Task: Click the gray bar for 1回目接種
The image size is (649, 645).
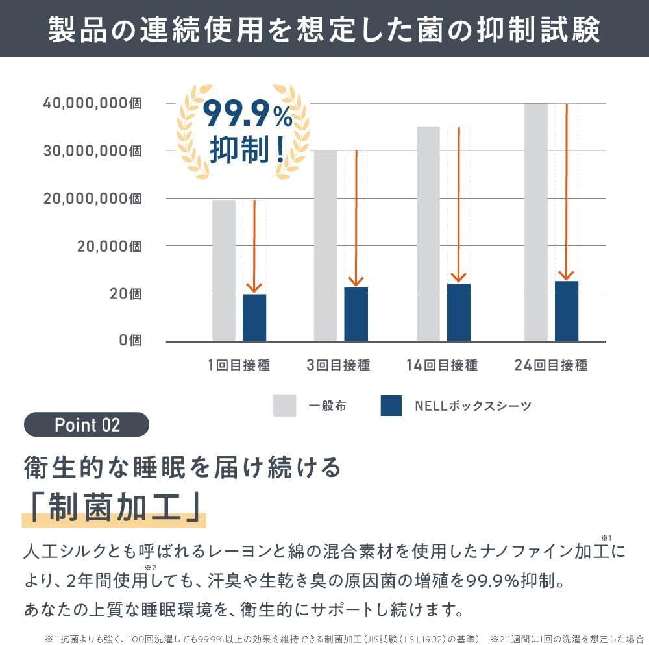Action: [x=223, y=270]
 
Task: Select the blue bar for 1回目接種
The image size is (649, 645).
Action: [x=254, y=317]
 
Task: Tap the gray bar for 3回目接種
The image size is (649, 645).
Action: [x=325, y=245]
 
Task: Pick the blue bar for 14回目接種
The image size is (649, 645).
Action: [x=459, y=312]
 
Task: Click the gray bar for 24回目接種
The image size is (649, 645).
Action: [x=535, y=222]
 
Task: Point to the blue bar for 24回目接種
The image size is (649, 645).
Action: [x=566, y=311]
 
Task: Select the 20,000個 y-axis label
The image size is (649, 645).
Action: [x=109, y=246]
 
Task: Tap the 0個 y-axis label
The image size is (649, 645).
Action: [x=130, y=340]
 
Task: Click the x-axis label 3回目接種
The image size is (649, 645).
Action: [x=338, y=365]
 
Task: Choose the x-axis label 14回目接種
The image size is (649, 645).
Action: [x=442, y=365]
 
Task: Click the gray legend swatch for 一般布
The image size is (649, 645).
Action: [x=284, y=406]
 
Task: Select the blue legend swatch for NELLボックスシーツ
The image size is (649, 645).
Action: [x=392, y=406]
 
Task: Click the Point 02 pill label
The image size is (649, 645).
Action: [x=87, y=424]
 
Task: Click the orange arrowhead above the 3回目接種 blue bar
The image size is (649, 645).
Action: [x=356, y=281]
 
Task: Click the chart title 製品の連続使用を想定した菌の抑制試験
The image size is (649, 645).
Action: [x=324, y=30]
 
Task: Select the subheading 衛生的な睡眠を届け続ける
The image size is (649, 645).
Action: [x=182, y=467]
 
